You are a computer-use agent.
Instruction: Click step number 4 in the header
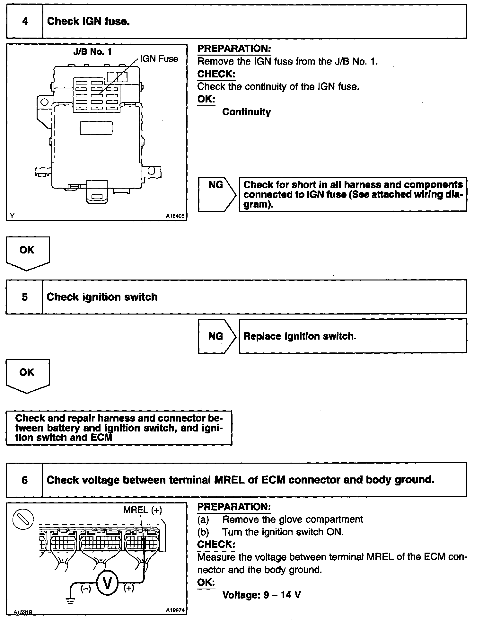25,22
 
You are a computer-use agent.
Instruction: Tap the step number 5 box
24,297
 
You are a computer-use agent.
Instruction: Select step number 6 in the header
24,480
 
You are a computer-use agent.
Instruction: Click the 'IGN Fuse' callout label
159,59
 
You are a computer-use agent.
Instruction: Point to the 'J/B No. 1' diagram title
92,52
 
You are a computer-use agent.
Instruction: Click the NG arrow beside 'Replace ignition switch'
216,336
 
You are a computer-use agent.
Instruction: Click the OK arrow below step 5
27,375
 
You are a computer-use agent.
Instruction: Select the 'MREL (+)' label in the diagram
143,510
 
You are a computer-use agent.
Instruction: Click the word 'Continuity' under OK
246,112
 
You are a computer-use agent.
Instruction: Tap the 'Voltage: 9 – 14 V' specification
261,595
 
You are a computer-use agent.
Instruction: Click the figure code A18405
175,217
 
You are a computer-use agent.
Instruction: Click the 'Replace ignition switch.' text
300,336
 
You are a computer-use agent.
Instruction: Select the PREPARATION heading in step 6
234,507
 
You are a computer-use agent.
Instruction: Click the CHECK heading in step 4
216,74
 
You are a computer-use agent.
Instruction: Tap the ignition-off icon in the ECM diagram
23,519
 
